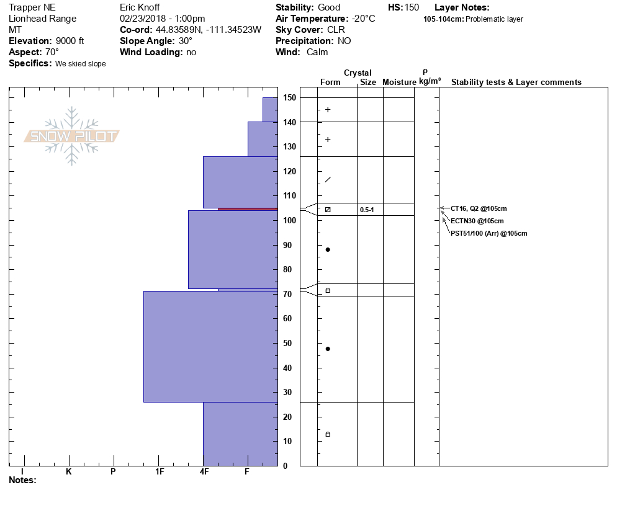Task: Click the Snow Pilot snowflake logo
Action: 72,136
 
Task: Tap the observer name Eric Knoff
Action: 139,7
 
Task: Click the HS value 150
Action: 412,7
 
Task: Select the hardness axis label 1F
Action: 159,471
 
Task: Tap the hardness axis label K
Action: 69,471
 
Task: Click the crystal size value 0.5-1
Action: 367,210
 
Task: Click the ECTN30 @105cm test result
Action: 477,221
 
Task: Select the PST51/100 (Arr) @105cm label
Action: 489,233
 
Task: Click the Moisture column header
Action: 399,82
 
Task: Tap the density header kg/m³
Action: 430,81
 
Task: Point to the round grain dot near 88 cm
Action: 328,249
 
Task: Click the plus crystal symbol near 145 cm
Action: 328,110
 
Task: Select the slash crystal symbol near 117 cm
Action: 328,180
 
